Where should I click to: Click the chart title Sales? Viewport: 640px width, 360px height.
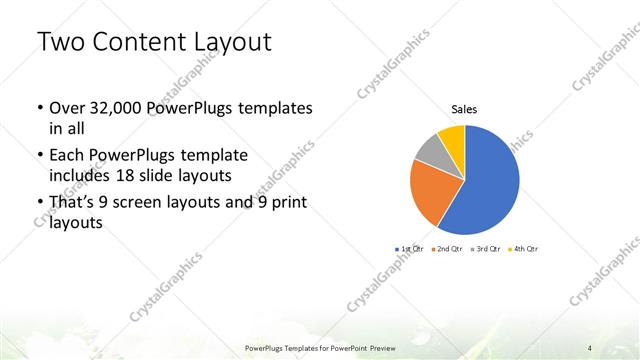(464, 109)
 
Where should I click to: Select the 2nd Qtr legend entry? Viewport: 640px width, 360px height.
(446, 247)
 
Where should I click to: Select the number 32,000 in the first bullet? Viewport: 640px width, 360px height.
(115, 107)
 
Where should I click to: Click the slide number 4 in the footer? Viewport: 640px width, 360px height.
(590, 348)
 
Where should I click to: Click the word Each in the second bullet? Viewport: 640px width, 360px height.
(67, 155)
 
